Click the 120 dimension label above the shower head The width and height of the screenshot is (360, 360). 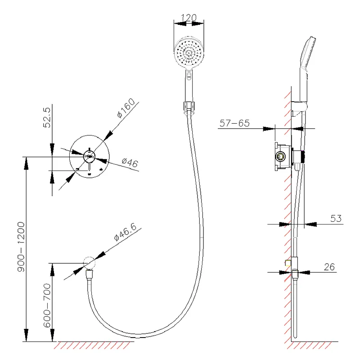point(189,18)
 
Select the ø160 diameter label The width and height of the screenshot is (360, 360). point(126,108)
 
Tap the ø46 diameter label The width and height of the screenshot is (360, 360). point(130,162)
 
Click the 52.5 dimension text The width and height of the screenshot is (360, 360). point(47,117)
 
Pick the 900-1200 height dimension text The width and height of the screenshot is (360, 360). point(21,247)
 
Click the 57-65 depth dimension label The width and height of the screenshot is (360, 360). point(234,123)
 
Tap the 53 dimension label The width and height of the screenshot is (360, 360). point(336,218)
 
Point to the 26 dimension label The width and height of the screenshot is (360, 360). point(329,267)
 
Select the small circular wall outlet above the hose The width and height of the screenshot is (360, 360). point(89,263)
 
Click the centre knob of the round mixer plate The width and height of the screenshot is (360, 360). point(89,157)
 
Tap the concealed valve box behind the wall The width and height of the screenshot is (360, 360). point(283,157)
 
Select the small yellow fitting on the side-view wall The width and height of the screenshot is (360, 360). point(288,263)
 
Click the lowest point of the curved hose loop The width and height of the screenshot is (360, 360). point(138,336)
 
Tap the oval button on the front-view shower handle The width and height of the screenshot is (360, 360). point(189,76)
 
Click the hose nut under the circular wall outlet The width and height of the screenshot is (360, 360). point(89,274)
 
